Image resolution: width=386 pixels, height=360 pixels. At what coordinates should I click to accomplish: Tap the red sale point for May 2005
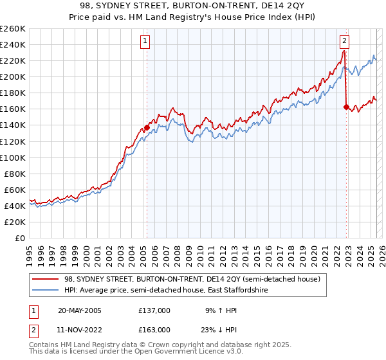[x=147, y=127]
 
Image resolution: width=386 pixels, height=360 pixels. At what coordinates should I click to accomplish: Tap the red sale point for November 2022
[x=346, y=107]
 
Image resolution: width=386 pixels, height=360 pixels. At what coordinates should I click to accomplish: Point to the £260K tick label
[x=13, y=28]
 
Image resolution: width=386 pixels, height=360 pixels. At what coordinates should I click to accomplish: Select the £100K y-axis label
[x=13, y=157]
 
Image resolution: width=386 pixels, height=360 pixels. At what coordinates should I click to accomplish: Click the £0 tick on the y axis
[x=21, y=238]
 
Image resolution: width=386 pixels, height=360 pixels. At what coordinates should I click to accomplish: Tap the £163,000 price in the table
[x=154, y=330]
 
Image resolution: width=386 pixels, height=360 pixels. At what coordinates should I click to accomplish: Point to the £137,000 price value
[x=154, y=310]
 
